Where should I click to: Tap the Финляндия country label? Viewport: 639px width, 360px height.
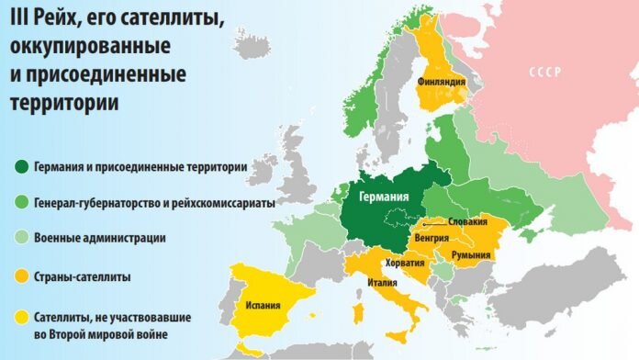click(441, 82)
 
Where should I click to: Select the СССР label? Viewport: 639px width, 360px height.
click(547, 72)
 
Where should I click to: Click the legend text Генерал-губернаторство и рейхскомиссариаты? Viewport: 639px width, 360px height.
click(153, 203)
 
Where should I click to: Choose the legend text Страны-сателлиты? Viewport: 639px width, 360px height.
click(82, 276)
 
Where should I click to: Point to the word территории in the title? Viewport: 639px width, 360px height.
click(63, 104)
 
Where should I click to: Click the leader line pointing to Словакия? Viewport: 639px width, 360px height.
click(435, 221)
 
